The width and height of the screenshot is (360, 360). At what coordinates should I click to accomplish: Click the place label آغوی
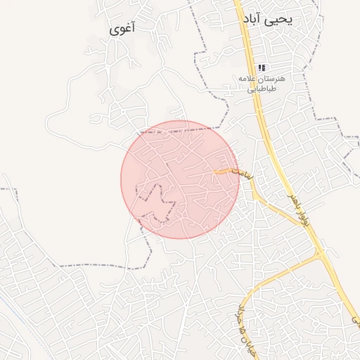coord(123,30)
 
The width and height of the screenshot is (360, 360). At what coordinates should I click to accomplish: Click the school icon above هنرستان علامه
coord(262,67)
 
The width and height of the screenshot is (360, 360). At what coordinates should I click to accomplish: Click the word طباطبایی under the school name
coord(261,89)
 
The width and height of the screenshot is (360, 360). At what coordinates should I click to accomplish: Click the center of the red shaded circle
coord(180,179)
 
